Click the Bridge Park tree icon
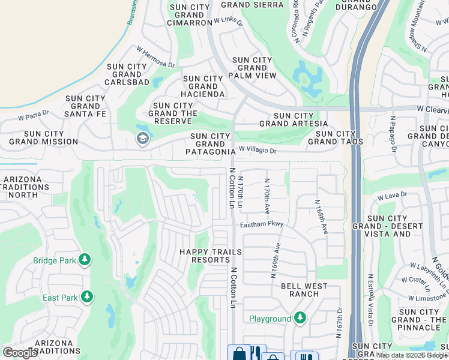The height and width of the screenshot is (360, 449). click(86, 259)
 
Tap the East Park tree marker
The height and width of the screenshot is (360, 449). click(87, 297)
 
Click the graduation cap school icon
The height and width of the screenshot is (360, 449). click(142, 139)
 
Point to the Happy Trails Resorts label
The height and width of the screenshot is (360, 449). click(211, 256)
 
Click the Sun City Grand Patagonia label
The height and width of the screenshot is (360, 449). click(210, 144)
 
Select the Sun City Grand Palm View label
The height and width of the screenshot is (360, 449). click(253, 68)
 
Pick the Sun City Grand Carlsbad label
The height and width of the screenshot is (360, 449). click(127, 74)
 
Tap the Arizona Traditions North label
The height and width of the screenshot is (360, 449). click(26, 187)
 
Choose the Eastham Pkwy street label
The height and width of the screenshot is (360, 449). click(261, 224)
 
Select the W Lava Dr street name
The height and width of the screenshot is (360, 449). click(392, 195)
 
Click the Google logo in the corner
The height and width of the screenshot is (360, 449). click(20, 353)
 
